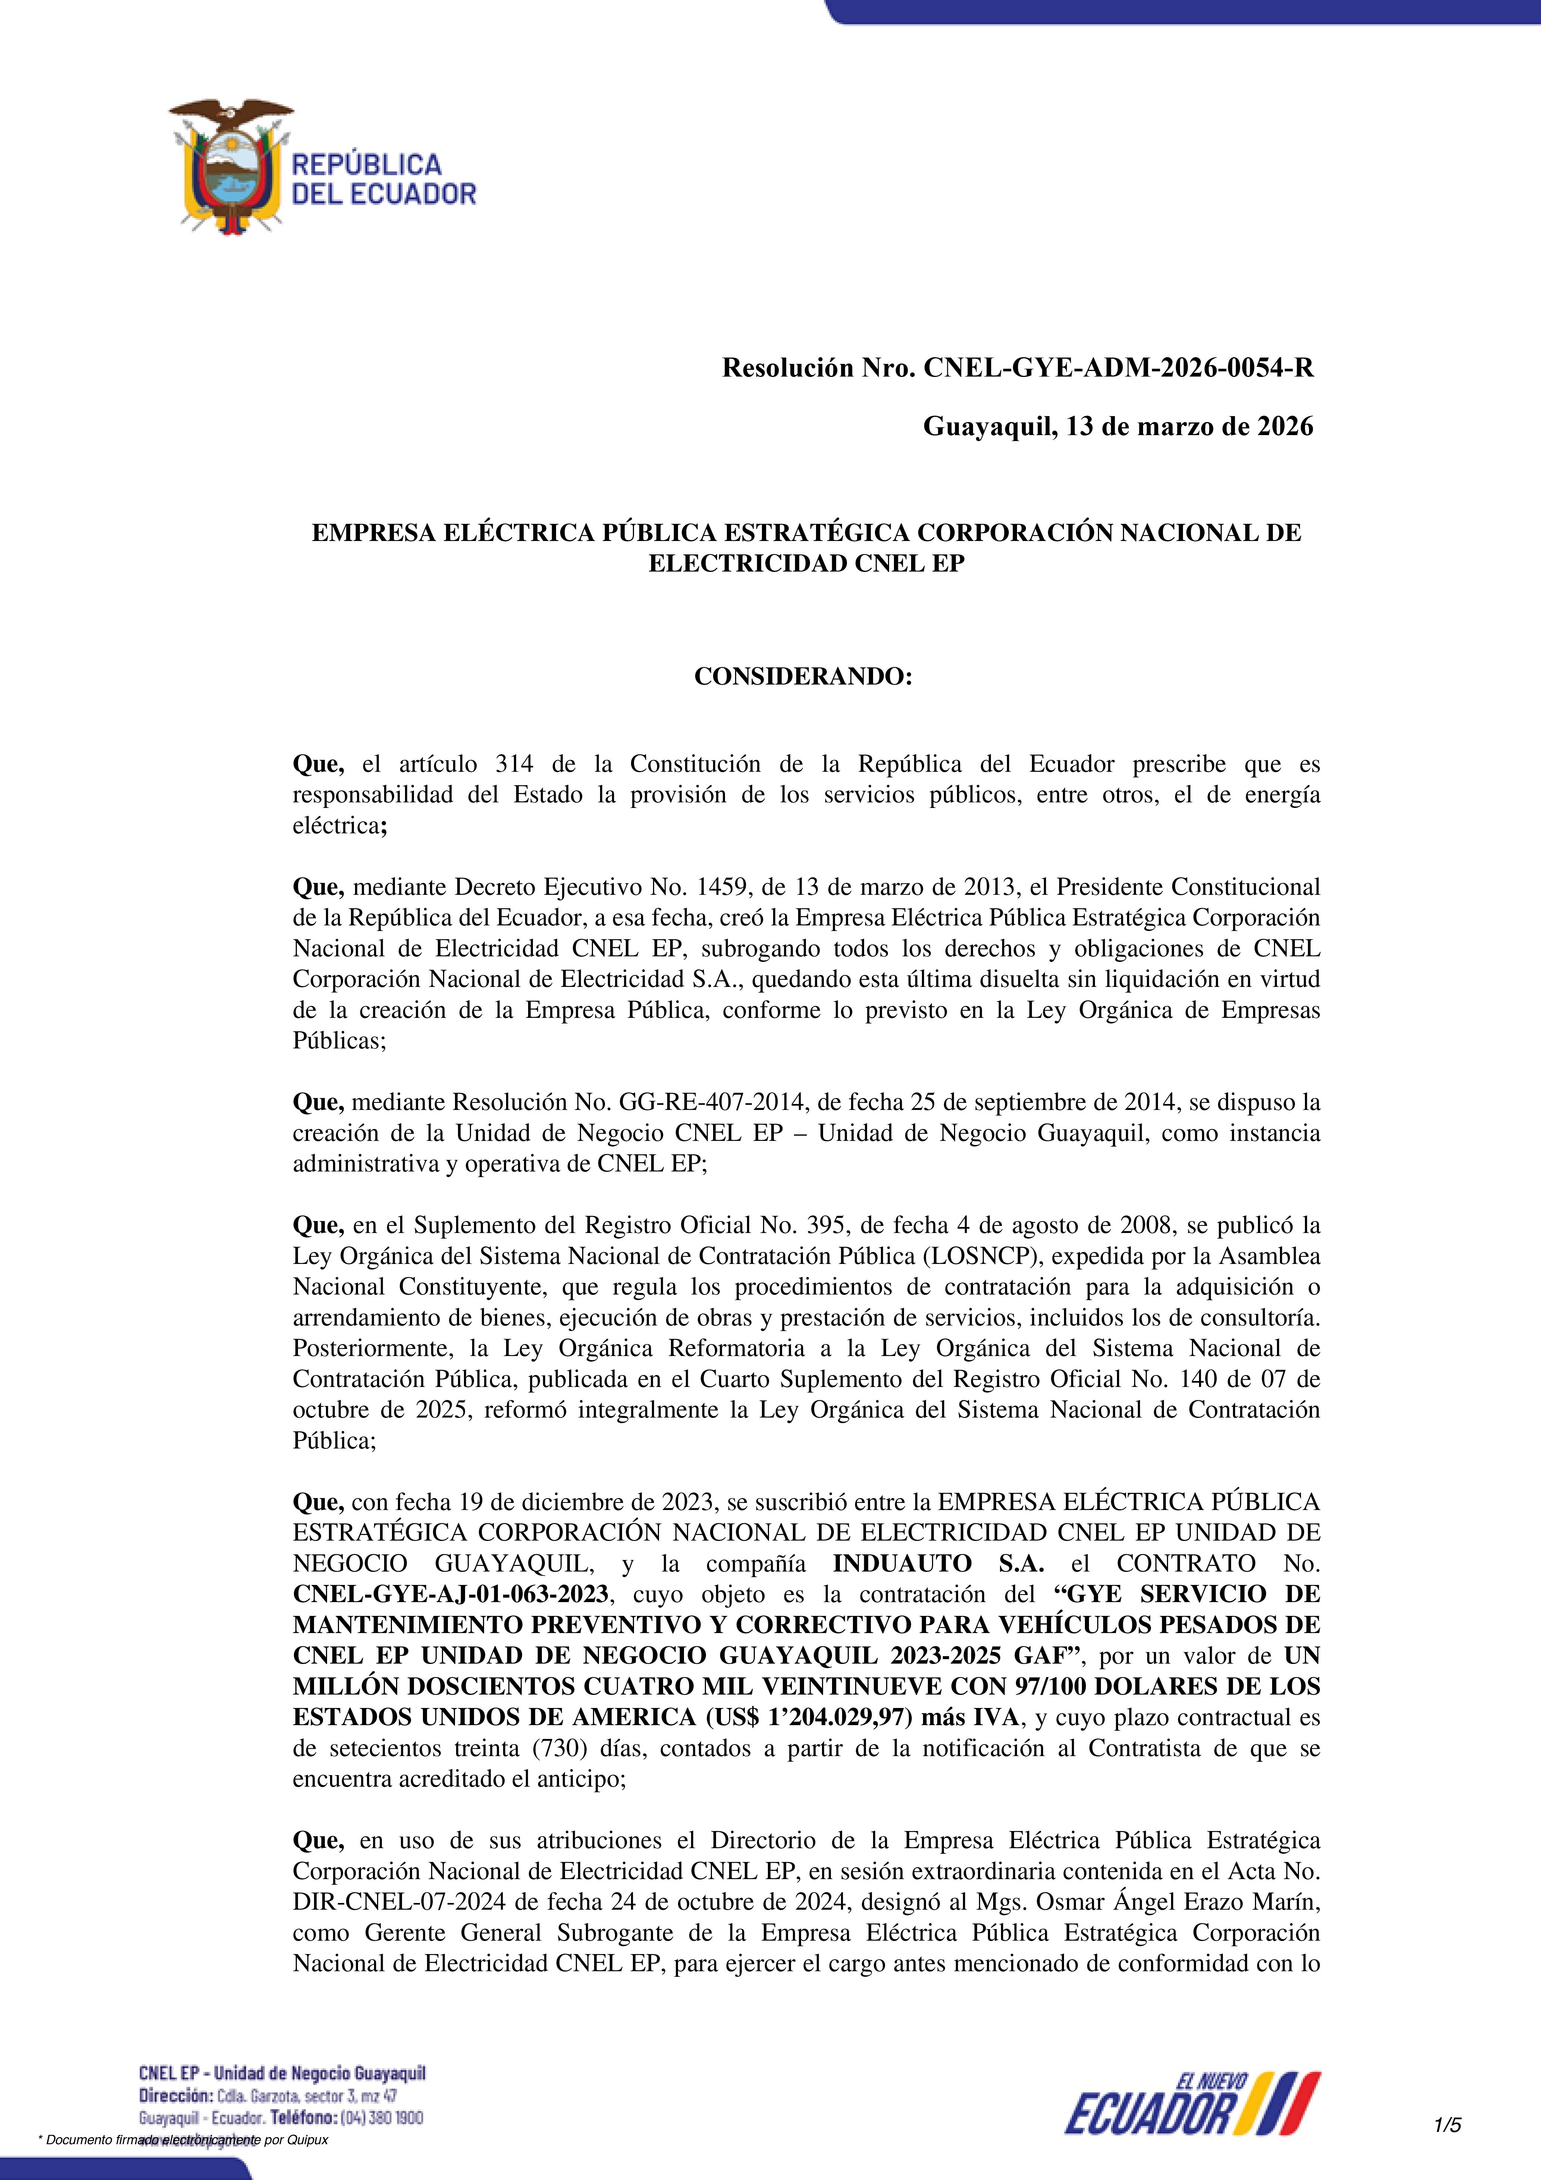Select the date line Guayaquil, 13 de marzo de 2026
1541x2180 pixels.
[1118, 427]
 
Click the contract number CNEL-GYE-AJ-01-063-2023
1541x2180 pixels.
[450, 1595]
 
